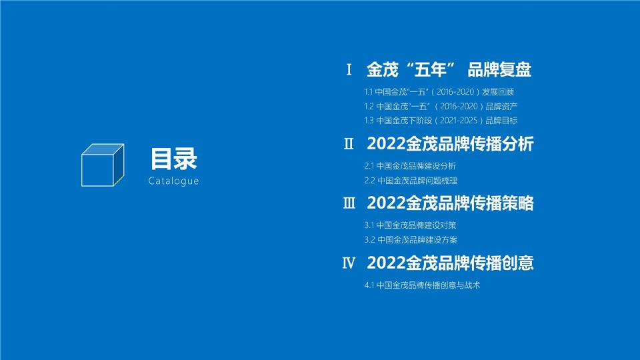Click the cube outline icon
coord(103,164)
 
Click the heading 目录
coord(173,159)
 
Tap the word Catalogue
coord(173,181)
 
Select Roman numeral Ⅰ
coord(349,69)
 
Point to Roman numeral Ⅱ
coord(349,143)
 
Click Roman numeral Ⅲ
coord(349,203)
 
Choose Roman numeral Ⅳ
coord(349,263)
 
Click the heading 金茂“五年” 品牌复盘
coord(449,69)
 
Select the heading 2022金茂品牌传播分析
coord(450,143)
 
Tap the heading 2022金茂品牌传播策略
coord(450,203)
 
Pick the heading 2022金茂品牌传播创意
coord(450,263)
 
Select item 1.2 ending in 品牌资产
coord(441,107)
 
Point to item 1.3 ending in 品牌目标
coord(441,121)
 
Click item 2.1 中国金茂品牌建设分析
coord(410,166)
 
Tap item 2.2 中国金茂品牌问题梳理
coord(411,181)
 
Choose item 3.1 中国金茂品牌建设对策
coord(410,225)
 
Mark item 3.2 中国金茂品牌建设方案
coord(411,240)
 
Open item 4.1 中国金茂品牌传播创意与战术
coord(422,285)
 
